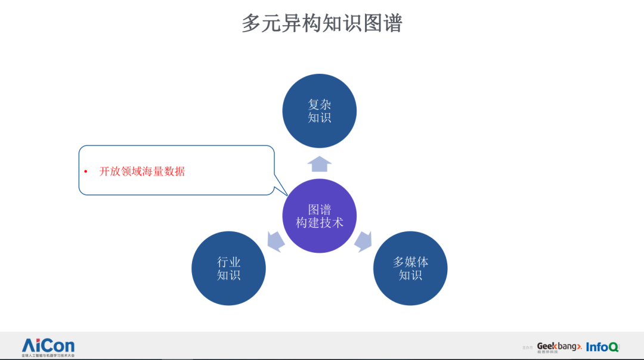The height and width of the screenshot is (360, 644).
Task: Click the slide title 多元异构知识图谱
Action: tap(322, 23)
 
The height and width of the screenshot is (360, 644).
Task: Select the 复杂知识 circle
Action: tap(320, 111)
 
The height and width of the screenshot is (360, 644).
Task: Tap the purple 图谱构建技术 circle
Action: tap(320, 216)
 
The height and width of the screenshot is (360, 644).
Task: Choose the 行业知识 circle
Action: tap(228, 268)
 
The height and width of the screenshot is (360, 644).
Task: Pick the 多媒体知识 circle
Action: tap(410, 268)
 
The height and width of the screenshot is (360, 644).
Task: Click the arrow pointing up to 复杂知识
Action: tap(320, 164)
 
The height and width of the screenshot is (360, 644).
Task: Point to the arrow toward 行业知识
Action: tap(275, 241)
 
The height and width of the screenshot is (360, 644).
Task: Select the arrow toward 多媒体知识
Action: tap(363, 241)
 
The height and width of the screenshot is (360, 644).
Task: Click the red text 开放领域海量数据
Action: tap(142, 172)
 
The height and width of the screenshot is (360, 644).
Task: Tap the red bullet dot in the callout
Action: tap(85, 172)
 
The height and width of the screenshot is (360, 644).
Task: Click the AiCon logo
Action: tap(48, 345)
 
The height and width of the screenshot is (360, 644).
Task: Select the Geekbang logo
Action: tap(559, 346)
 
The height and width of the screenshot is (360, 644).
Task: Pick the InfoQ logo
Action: tap(602, 346)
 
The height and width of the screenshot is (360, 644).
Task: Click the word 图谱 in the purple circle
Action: tap(320, 209)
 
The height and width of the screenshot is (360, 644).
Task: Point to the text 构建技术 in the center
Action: tap(320, 223)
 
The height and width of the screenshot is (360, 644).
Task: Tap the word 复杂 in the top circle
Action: tap(320, 104)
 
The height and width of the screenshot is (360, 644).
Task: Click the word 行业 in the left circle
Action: tap(228, 262)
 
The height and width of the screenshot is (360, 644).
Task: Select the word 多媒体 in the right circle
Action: tap(410, 262)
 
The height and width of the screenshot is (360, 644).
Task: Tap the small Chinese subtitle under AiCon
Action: tap(48, 355)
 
